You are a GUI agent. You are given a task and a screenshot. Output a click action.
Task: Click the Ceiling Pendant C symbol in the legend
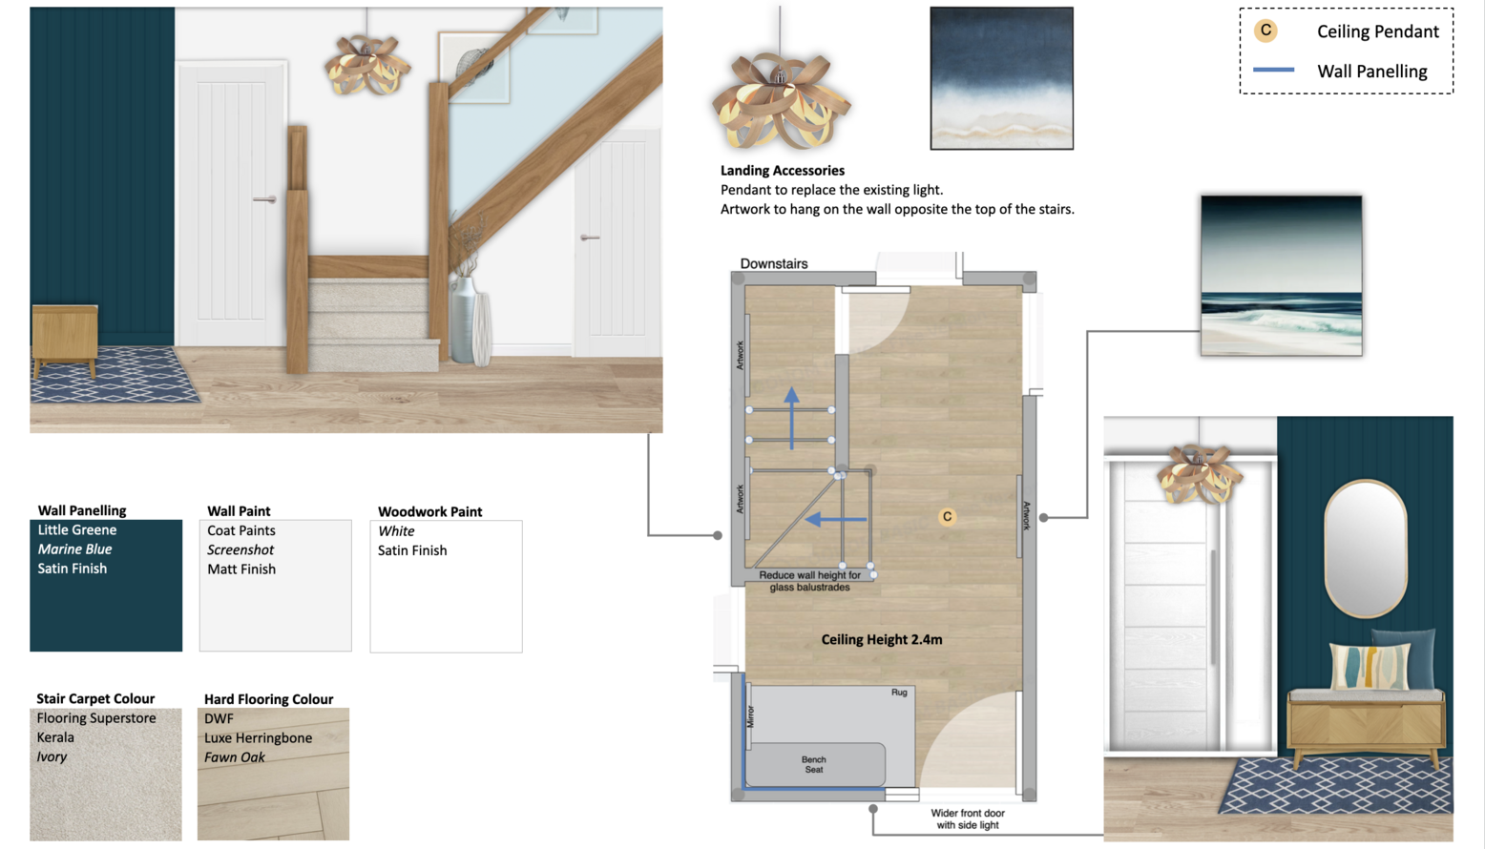pos(1265,31)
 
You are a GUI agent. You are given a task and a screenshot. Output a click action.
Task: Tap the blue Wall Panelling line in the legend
pos(1273,70)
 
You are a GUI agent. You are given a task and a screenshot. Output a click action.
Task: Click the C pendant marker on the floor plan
pos(947,517)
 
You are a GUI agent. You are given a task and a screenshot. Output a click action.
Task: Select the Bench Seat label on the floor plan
pos(813,764)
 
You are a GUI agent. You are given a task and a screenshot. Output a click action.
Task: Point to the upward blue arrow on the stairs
pos(791,419)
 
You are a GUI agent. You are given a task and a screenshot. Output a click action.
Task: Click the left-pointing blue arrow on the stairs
pos(835,520)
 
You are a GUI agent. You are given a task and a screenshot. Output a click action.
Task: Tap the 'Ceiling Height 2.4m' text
pos(882,639)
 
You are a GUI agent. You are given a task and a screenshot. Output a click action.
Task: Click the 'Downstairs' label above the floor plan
pos(774,263)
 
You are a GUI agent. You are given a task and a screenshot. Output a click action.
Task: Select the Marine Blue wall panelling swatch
pos(106,585)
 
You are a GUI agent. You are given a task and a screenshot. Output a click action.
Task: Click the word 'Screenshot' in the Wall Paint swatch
pos(240,549)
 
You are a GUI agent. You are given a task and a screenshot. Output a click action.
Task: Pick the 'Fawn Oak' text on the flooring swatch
pos(234,756)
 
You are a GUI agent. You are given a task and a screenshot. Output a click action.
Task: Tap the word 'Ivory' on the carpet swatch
pos(52,756)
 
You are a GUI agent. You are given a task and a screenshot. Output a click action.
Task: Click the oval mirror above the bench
pos(1365,549)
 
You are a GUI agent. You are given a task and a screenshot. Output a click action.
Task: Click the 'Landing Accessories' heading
pos(783,171)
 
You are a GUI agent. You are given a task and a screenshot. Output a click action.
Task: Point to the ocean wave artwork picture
pos(1282,276)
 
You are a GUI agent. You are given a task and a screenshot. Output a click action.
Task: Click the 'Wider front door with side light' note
pos(967,818)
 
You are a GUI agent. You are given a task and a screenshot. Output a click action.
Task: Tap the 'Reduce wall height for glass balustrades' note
pos(809,581)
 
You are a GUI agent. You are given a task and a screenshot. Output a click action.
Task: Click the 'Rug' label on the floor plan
pos(899,693)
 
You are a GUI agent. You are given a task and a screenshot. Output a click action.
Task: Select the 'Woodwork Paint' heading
pos(429,511)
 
